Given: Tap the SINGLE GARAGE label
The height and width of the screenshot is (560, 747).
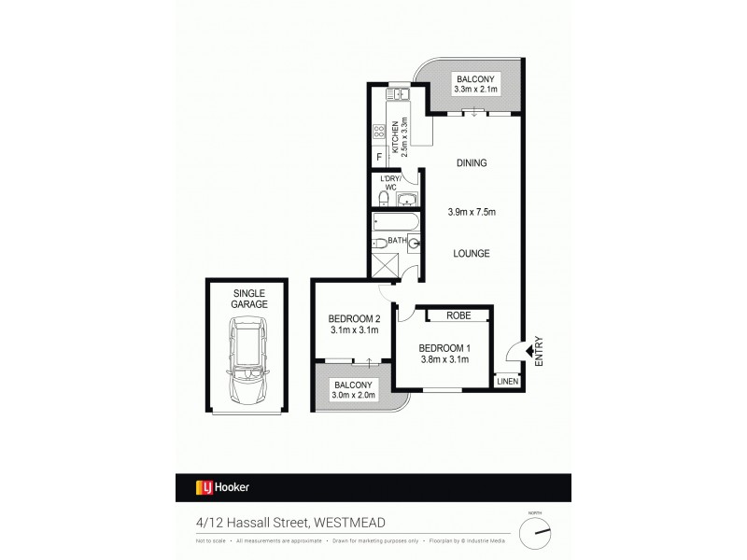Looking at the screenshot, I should click(248, 299).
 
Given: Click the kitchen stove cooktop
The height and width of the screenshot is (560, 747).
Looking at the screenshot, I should click(380, 131).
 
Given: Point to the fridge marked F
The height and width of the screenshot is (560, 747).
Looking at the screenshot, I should click(379, 157).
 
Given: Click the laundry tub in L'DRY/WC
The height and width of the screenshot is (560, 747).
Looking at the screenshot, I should click(407, 199).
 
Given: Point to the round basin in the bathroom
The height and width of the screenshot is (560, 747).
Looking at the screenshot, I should click(414, 245).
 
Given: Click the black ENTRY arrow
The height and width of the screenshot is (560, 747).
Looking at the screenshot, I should click(529, 350).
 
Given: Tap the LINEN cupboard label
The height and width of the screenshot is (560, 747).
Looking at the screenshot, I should click(506, 381).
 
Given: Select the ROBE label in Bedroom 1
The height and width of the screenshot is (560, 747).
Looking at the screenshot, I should click(458, 315).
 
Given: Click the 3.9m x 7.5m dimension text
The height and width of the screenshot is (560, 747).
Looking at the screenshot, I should click(472, 212).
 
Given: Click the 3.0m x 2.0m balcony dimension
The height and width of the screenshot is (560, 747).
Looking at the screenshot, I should click(356, 396).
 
